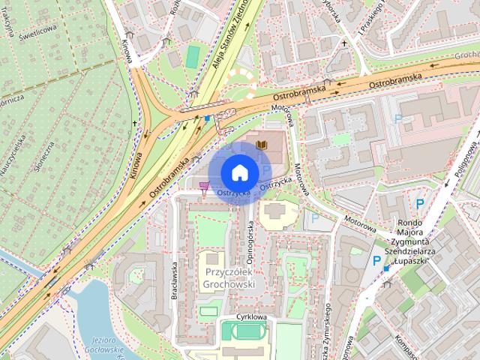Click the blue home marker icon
238,172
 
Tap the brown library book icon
262,143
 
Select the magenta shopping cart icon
205,185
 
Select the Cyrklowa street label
251,317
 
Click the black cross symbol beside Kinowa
135,123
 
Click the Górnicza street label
10,98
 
